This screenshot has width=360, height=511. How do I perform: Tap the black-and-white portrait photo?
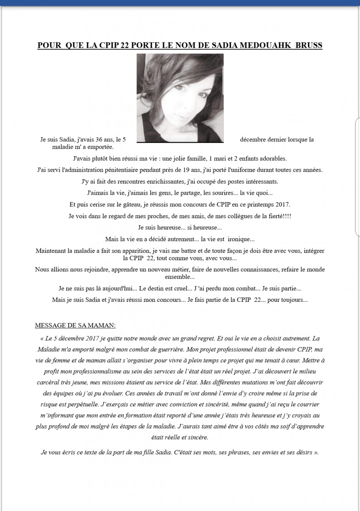click(x=180, y=98)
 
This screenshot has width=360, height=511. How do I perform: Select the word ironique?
click(x=242, y=239)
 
